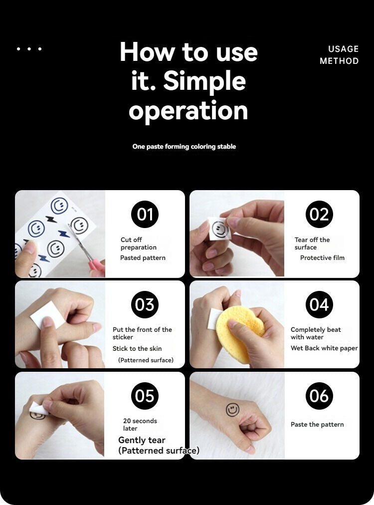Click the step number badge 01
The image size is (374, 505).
[x=145, y=214]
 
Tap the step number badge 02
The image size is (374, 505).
[x=319, y=214]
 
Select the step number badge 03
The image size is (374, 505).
[x=145, y=304]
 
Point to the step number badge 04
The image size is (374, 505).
[x=319, y=304]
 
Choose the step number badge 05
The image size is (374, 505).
[x=145, y=396]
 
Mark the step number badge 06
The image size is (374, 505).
[x=319, y=396]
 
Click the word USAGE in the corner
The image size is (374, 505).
[x=343, y=49]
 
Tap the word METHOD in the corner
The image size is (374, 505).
[x=339, y=61]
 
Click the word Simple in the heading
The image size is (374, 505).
[x=204, y=81]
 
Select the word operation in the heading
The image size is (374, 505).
[x=188, y=110]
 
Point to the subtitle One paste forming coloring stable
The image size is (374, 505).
[x=184, y=147]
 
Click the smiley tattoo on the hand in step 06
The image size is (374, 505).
[x=232, y=410]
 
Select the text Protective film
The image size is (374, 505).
[x=322, y=257]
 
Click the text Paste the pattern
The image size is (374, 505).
[x=317, y=425]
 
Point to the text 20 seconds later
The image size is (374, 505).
[x=140, y=425]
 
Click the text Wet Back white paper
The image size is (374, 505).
[x=324, y=348]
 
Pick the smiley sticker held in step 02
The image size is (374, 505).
[x=220, y=229]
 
